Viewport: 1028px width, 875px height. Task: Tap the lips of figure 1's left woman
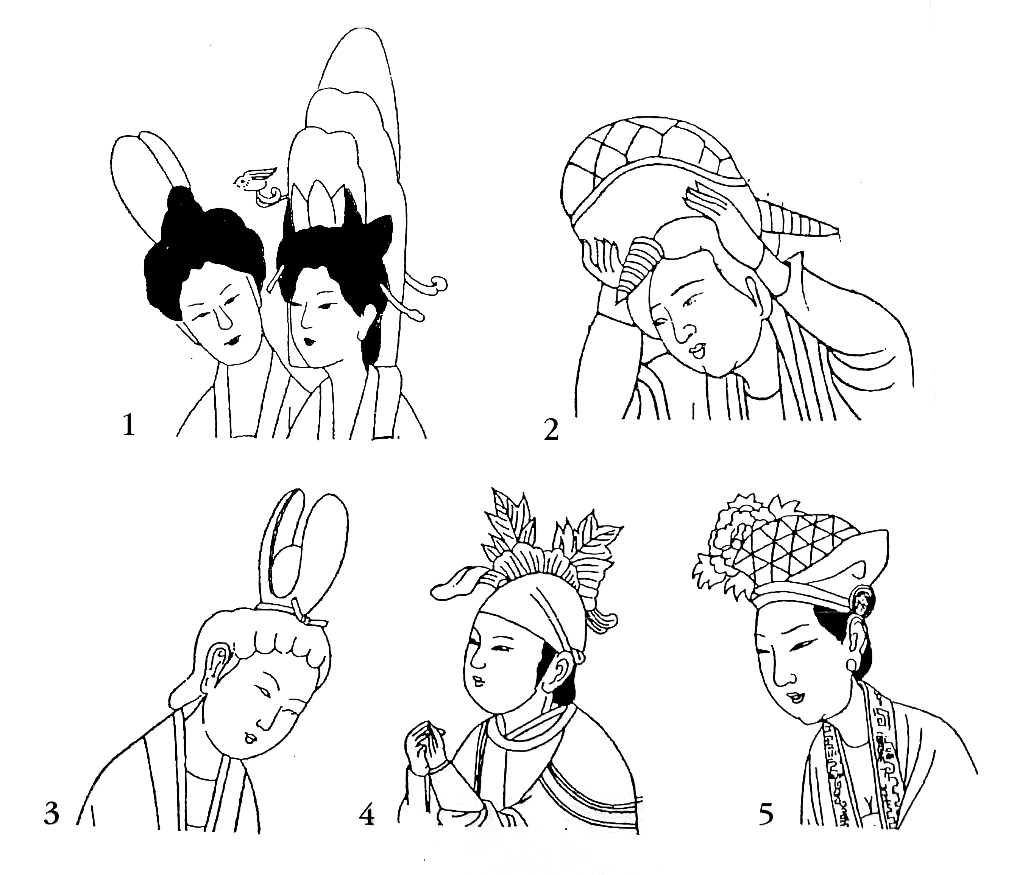tap(232, 341)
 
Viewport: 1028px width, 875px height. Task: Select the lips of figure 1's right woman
tap(309, 341)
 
